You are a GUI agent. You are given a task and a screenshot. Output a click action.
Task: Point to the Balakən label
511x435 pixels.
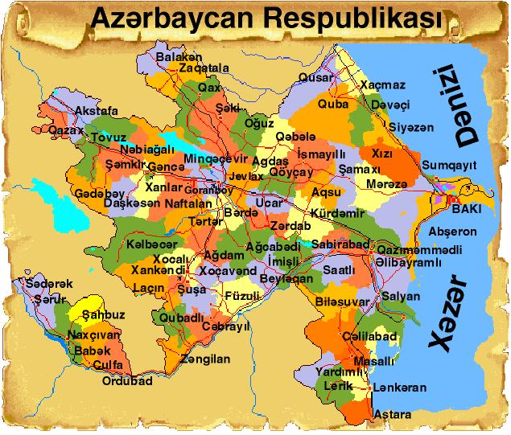point(179,57)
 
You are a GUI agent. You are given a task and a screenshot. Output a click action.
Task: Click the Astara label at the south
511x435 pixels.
point(393,414)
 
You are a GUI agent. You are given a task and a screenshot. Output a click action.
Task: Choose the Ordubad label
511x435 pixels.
point(127,381)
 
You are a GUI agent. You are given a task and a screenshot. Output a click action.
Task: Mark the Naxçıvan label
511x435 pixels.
point(93,334)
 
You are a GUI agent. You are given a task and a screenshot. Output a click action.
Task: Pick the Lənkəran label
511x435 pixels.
point(400,388)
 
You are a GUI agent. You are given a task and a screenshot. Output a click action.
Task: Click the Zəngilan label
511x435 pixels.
point(205,359)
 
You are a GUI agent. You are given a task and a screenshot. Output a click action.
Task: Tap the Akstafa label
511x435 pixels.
point(96,110)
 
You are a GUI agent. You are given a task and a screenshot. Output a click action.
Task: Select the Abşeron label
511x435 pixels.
point(453,232)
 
